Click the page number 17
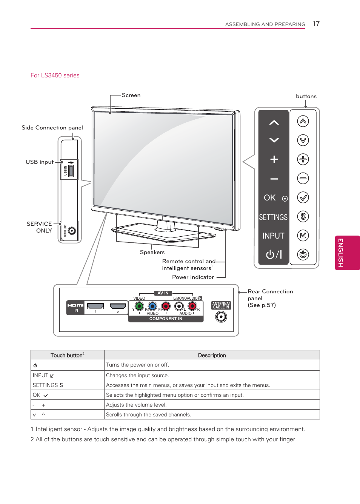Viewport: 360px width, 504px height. [x=316, y=24]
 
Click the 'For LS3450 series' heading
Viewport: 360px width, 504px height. [x=55, y=76]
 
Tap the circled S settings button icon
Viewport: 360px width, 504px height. [x=303, y=216]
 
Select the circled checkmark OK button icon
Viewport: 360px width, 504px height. [x=303, y=197]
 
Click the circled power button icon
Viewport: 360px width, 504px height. [x=303, y=254]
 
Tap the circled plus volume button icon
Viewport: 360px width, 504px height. [x=303, y=159]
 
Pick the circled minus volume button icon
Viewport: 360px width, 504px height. [x=303, y=178]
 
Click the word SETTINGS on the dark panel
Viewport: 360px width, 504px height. [x=273, y=217]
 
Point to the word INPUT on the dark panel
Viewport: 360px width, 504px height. [x=273, y=236]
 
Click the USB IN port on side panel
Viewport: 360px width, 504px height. [x=71, y=171]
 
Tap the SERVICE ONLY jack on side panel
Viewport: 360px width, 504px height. [x=72, y=231]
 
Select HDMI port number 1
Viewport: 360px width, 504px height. [x=95, y=306]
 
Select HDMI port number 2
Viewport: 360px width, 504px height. [x=118, y=306]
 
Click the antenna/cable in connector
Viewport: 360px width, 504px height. [x=221, y=317]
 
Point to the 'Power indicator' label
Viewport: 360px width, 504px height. [x=193, y=277]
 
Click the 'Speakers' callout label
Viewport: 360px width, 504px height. [x=152, y=252]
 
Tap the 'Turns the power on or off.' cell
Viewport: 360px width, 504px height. [x=137, y=365]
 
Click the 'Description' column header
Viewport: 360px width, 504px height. [x=212, y=355]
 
